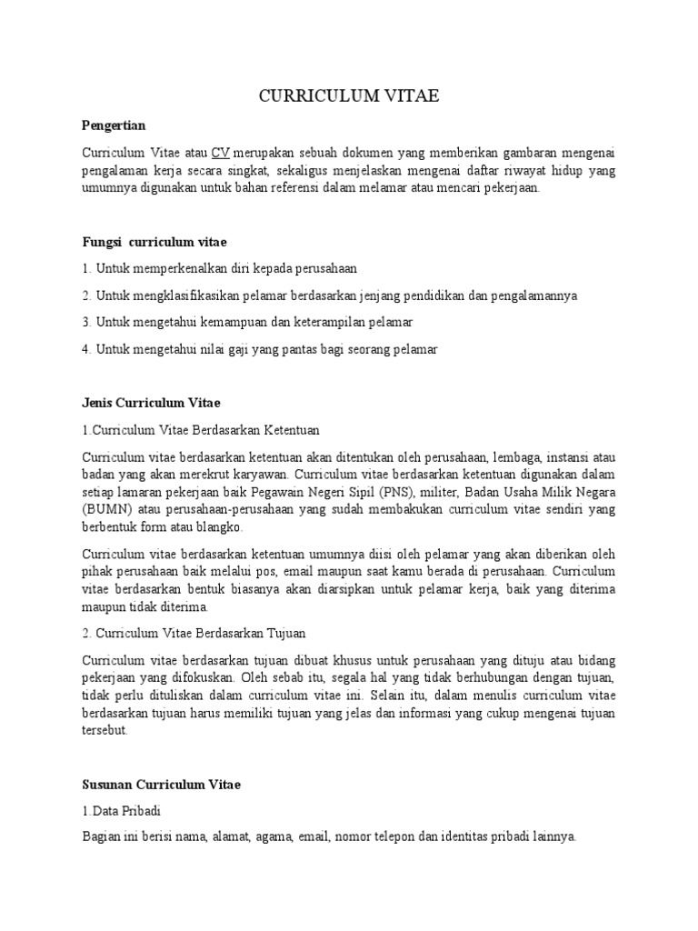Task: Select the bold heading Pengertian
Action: click(x=114, y=125)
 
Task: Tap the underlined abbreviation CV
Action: click(x=220, y=152)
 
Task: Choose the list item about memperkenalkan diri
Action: click(x=219, y=269)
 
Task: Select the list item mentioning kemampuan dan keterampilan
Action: click(x=246, y=323)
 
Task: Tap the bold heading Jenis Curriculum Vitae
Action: click(x=151, y=402)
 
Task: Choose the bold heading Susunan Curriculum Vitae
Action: click(x=161, y=784)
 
